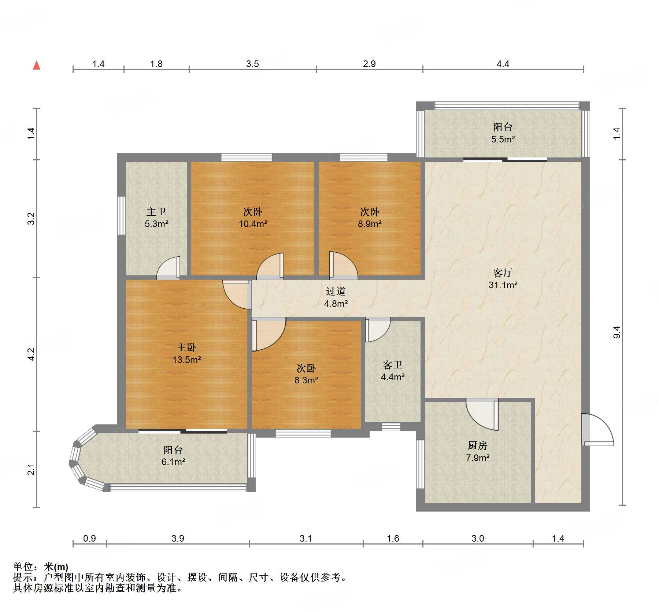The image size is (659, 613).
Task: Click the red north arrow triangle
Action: point(37,66)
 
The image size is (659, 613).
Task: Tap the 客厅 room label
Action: point(503,273)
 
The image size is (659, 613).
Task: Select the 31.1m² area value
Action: point(503,285)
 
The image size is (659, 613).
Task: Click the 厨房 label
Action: point(478,445)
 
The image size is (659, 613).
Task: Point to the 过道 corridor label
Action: point(336,291)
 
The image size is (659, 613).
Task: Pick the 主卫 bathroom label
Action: point(156,212)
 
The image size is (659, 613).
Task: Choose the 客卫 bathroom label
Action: point(393,365)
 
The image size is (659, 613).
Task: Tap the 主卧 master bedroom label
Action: point(186,347)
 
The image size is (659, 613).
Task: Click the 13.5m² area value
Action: point(186,360)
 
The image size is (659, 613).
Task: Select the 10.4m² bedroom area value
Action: point(253,224)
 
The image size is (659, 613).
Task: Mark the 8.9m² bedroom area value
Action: point(370,224)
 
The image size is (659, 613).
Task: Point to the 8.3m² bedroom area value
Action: point(306,380)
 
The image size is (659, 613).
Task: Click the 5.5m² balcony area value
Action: point(503,139)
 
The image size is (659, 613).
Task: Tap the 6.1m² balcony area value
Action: point(173,462)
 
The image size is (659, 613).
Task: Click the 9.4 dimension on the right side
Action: point(617,332)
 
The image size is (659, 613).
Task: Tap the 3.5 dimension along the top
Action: point(252,64)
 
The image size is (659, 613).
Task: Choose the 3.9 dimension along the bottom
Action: point(178,538)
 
